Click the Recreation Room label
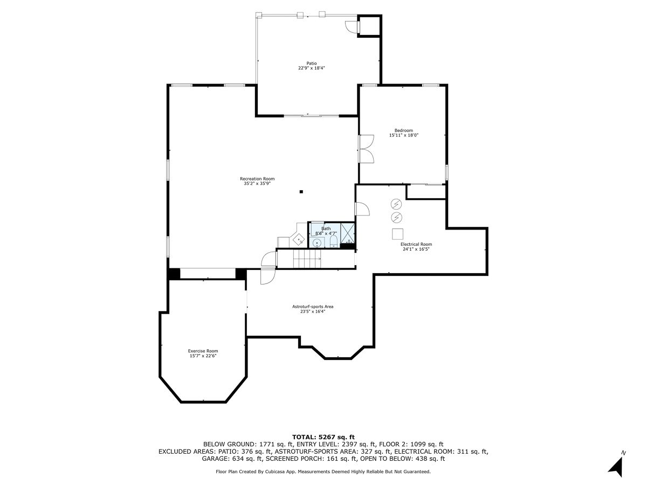click(257, 179)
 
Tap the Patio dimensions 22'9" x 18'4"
click(312, 68)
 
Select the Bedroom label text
click(403, 130)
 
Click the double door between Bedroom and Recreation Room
click(367, 148)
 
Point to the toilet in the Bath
click(333, 240)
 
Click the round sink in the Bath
click(317, 242)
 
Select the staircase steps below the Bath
click(307, 260)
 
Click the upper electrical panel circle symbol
click(396, 204)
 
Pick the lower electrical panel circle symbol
click(396, 217)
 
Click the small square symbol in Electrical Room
click(397, 233)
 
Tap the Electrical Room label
click(416, 244)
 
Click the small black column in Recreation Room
click(301, 191)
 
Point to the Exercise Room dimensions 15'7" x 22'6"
click(203, 356)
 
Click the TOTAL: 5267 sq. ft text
click(323, 436)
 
